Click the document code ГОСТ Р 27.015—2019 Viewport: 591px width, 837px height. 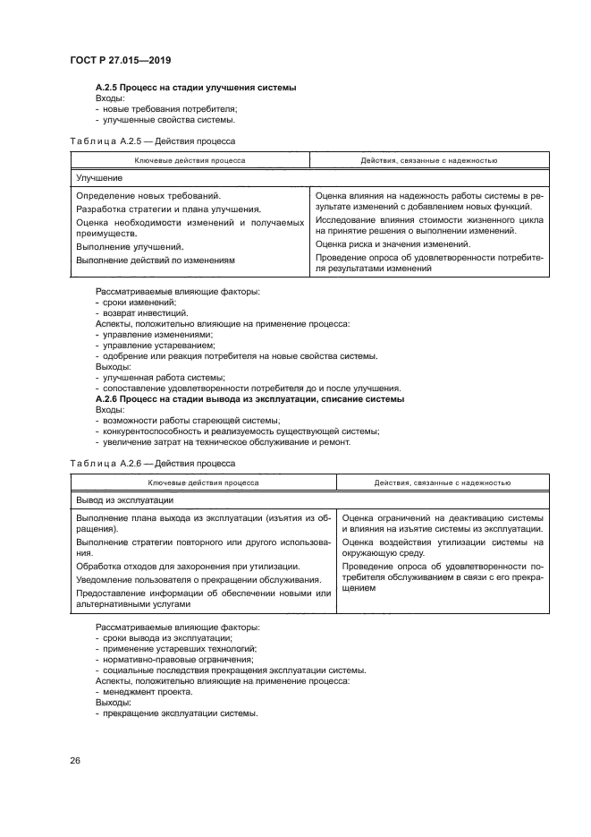(x=120, y=61)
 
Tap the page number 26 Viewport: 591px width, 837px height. (x=75, y=761)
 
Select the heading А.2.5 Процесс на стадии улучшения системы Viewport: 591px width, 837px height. (x=196, y=87)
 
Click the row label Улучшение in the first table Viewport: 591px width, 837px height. (x=99, y=177)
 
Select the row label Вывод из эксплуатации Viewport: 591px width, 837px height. (x=124, y=500)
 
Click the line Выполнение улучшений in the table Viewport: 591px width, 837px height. (x=130, y=246)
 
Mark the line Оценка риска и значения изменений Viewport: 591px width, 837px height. (x=393, y=243)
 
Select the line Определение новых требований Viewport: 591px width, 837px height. (x=148, y=195)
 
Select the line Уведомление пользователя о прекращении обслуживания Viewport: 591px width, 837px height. (x=198, y=580)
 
